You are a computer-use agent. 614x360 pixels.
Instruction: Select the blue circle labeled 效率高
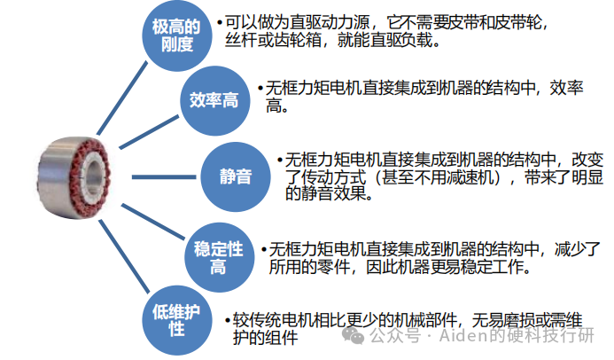point(214,99)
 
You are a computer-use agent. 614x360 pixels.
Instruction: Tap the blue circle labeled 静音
point(236,175)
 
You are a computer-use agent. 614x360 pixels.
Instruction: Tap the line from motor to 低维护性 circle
point(124,257)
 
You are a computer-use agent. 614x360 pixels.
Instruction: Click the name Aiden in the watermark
point(459,336)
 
